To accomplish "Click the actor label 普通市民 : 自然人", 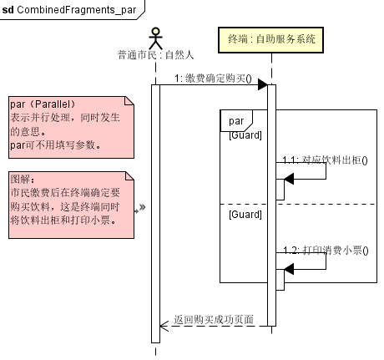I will click(155, 56).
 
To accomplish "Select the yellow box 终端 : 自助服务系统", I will click(271, 38).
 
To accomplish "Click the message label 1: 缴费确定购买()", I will click(213, 79).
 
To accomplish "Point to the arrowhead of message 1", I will click(261, 84).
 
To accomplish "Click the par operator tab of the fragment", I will click(235, 121).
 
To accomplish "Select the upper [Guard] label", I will click(245, 135).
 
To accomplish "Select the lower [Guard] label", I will click(245, 214).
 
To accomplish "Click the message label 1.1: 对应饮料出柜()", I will click(325, 160).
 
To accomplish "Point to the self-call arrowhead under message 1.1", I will click(289, 178).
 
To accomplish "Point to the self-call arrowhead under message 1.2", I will click(289, 267).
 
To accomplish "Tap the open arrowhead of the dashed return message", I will click(164, 326).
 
